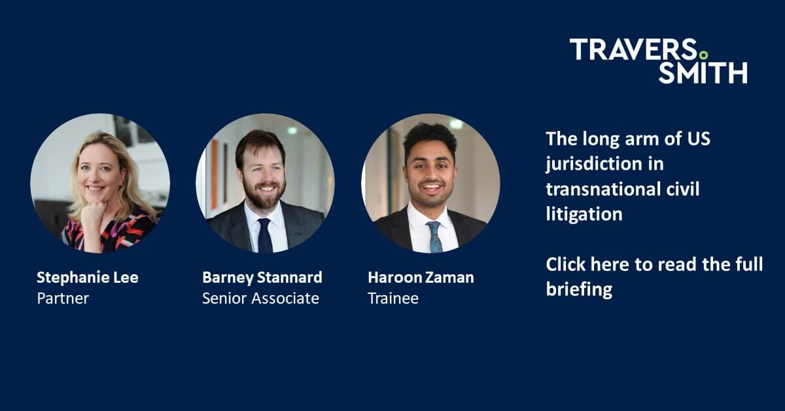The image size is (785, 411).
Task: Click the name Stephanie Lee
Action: (x=87, y=277)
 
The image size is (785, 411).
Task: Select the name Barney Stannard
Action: (x=262, y=277)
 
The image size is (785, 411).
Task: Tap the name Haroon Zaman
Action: (x=421, y=277)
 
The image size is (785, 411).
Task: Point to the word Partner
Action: (x=63, y=298)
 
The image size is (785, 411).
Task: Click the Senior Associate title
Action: (x=260, y=298)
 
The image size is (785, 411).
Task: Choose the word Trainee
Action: (x=392, y=298)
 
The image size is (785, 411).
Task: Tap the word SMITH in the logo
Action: (x=703, y=73)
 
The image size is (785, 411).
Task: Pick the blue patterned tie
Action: (x=434, y=236)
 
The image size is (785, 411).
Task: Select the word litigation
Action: (x=584, y=214)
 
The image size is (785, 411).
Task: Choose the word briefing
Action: (x=578, y=289)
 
